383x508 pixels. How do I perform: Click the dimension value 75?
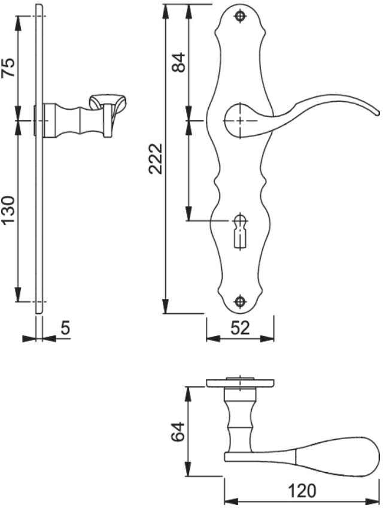click(x=9, y=67)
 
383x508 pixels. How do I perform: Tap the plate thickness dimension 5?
click(x=65, y=328)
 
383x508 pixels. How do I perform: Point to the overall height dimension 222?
click(x=156, y=159)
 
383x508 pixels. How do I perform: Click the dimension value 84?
click(x=178, y=62)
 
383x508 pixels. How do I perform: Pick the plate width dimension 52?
click(x=240, y=328)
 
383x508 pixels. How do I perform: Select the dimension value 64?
click(x=178, y=431)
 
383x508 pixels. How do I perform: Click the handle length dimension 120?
click(x=302, y=491)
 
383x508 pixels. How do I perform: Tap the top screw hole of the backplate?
click(x=240, y=16)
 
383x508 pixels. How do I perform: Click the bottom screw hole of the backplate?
click(x=240, y=301)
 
